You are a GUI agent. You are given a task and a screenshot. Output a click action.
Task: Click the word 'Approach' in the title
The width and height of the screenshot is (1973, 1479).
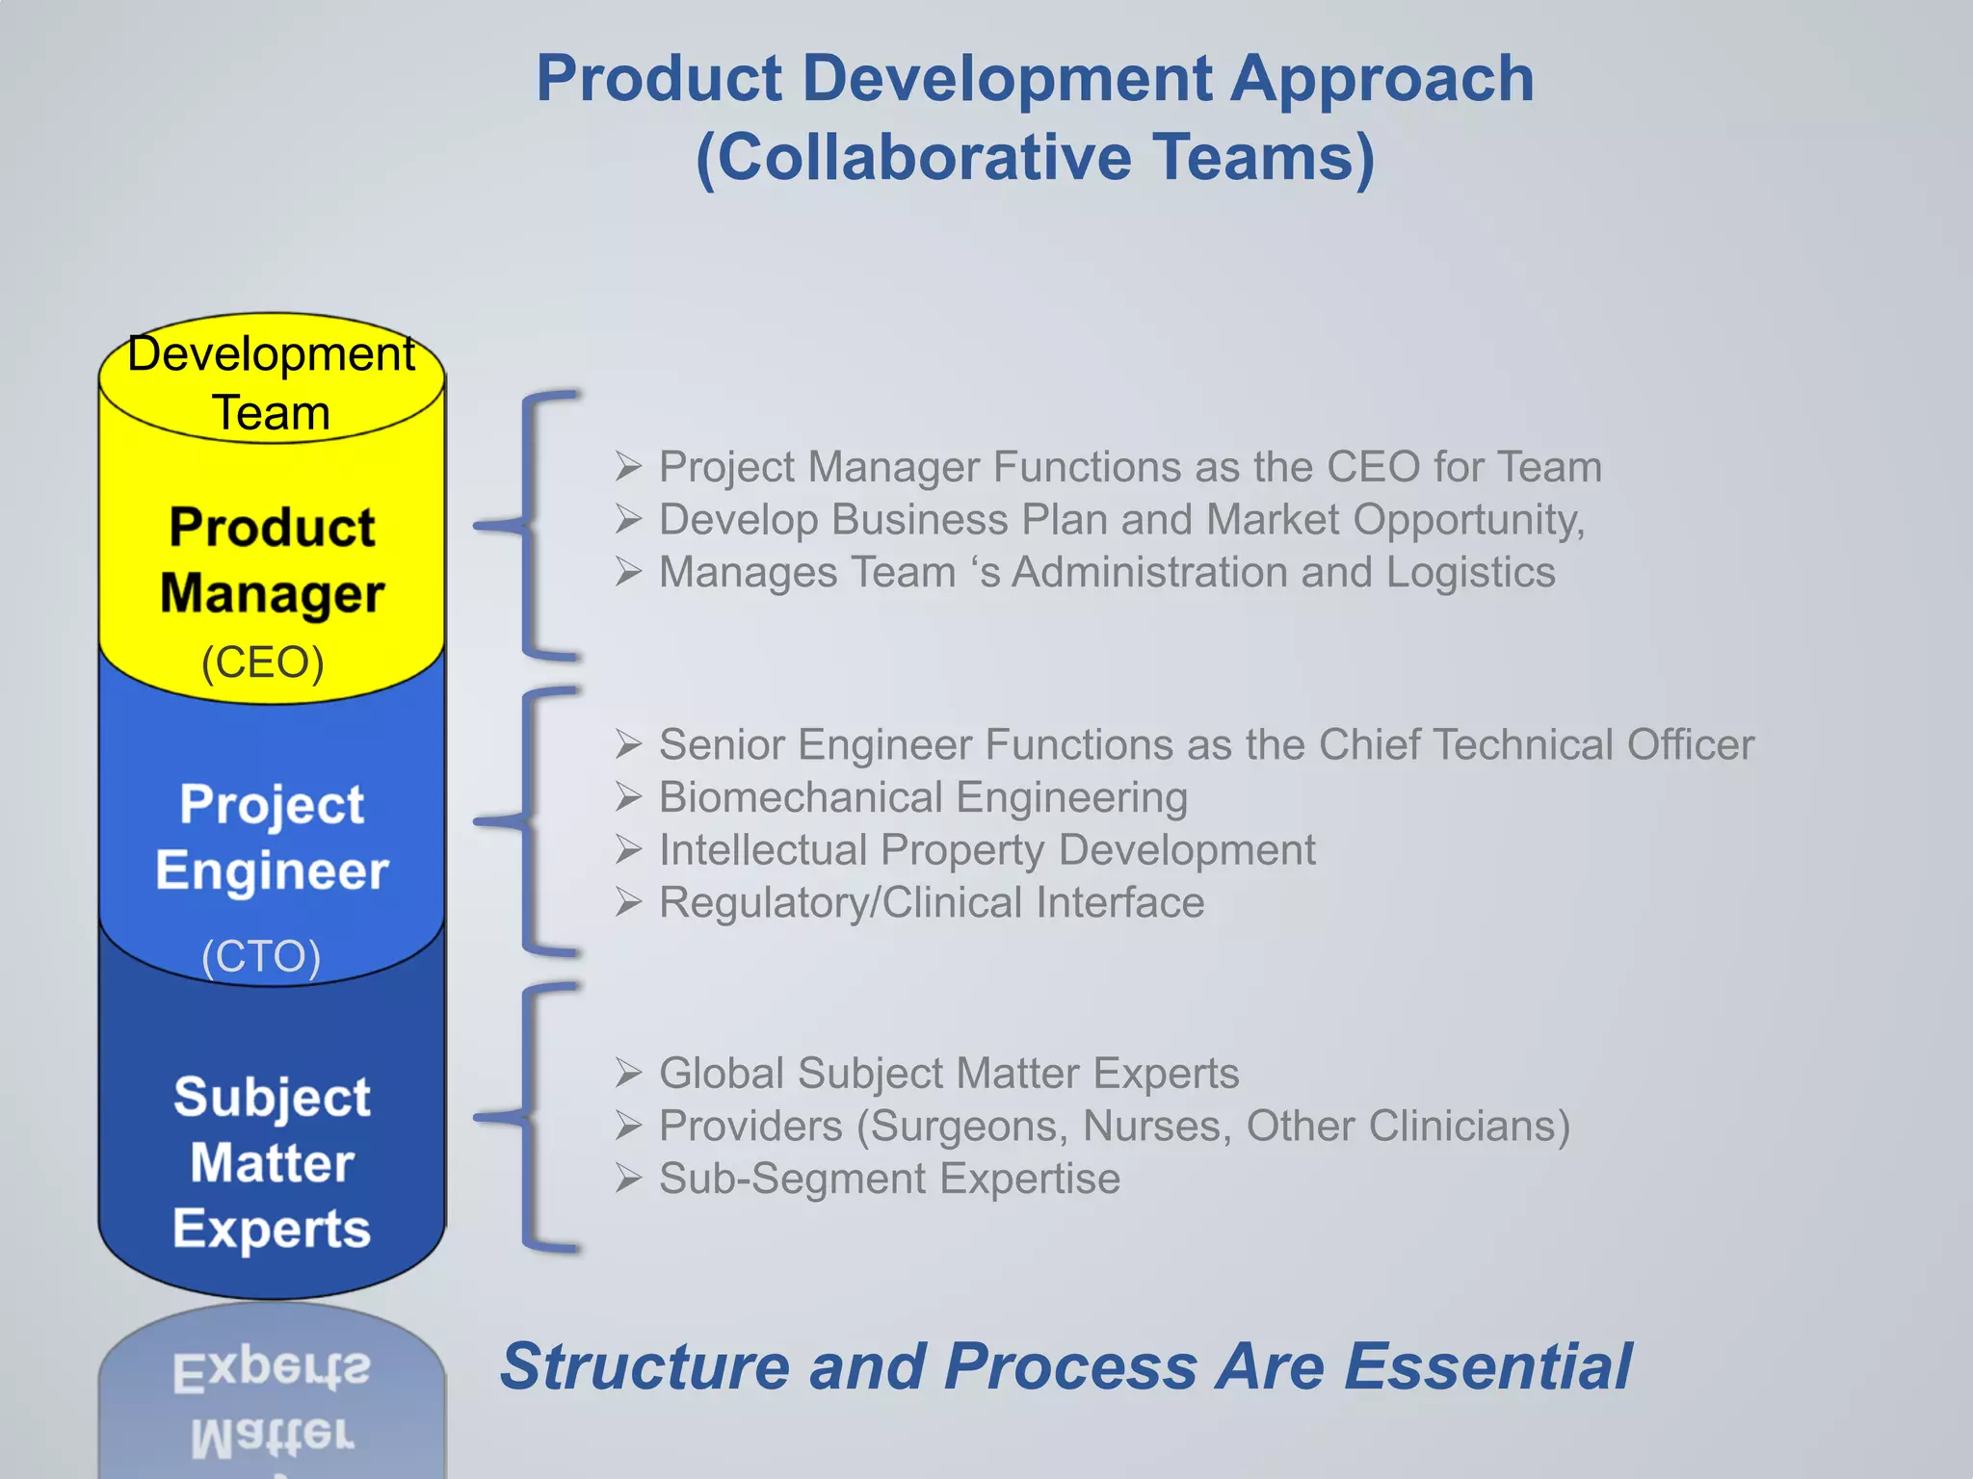[x=1382, y=80]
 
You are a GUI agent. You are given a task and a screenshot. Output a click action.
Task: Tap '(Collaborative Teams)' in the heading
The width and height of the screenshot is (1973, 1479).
[x=1036, y=158]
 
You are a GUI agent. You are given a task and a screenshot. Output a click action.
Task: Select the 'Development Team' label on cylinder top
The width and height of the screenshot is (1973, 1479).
[x=271, y=382]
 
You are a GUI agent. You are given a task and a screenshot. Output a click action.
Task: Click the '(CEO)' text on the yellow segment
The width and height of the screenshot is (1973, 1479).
[x=262, y=662]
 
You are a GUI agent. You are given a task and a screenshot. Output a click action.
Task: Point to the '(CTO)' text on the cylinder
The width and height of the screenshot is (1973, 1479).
[x=261, y=956]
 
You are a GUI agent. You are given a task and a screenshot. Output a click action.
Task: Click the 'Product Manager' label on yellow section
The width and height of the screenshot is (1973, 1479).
[x=272, y=560]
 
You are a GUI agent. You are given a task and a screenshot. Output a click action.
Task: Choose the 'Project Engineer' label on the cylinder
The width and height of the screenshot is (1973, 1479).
[x=272, y=838]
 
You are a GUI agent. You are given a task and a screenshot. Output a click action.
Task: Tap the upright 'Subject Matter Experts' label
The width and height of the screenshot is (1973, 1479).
[x=272, y=1162]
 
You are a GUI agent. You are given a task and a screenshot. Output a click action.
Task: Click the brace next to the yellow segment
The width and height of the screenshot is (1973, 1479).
[x=530, y=525]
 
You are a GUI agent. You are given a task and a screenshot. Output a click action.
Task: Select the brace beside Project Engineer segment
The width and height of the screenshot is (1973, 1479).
[x=530, y=821]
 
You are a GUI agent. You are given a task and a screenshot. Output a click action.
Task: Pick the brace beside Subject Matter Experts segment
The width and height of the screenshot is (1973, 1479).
[x=530, y=1117]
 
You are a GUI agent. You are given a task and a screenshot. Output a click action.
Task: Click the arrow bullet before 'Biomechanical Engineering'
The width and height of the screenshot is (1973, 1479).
[x=629, y=797]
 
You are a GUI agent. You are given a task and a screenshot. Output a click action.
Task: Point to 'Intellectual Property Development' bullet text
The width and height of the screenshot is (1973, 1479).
[x=986, y=850]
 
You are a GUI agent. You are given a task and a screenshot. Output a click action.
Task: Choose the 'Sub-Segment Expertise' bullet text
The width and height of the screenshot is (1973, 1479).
[x=889, y=1180]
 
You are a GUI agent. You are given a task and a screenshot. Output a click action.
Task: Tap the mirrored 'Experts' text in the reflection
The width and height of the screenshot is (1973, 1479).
[x=272, y=1369]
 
